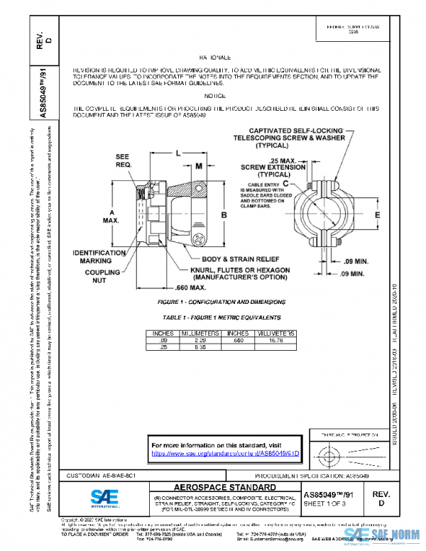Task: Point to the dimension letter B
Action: point(223,214)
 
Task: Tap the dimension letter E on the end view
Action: point(378,214)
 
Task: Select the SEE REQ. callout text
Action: point(122,160)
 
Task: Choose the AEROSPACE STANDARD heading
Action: point(216,488)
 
